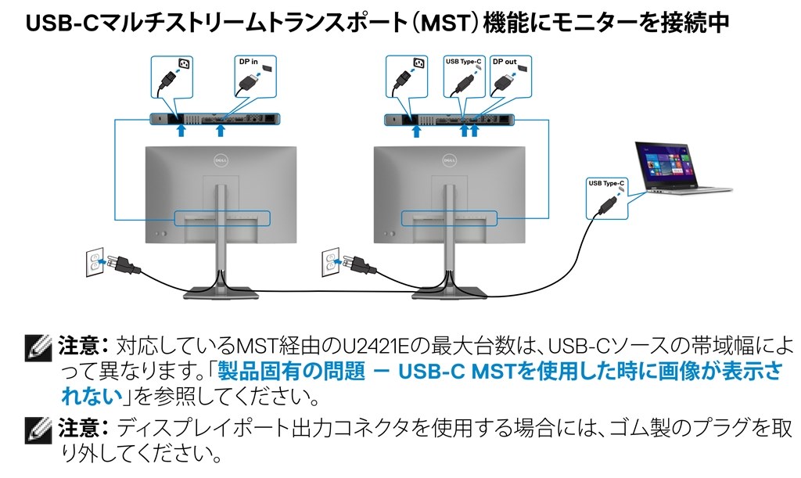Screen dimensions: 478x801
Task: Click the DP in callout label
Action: pyautogui.click(x=248, y=61)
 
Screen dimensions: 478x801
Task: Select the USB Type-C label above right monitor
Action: pyautogui.click(x=465, y=61)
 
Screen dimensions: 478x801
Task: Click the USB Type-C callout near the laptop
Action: pyautogui.click(x=605, y=183)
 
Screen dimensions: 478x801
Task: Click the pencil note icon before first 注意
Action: pyautogui.click(x=38, y=346)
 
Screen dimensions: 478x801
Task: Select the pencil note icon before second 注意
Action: pyautogui.click(x=38, y=429)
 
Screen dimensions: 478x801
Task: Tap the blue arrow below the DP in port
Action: pyautogui.click(x=221, y=130)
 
